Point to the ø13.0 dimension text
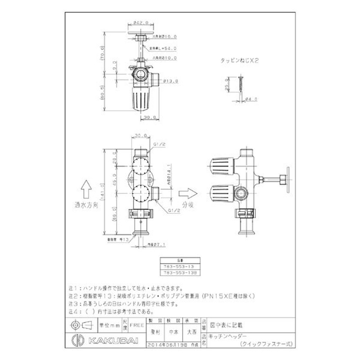pos(171,81)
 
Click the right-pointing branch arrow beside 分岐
pos(186,193)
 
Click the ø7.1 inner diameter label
pos(158,245)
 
